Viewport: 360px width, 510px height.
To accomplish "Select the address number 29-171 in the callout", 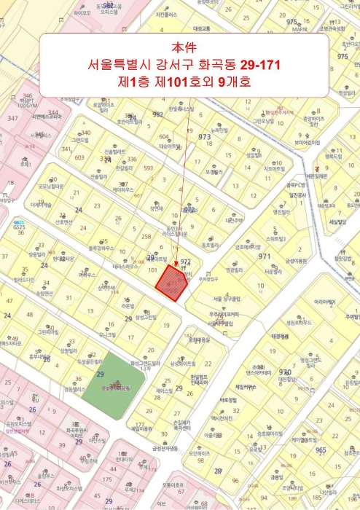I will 254,66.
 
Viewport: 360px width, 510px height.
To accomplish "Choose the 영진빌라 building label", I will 281,212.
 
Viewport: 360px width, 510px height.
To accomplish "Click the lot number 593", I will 148,168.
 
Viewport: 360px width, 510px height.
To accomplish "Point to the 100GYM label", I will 26,105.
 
